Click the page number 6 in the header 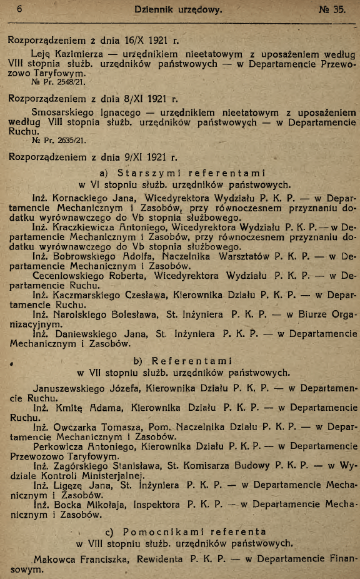(21, 9)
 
